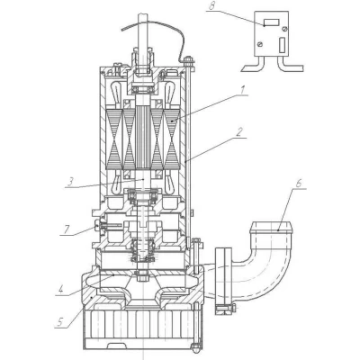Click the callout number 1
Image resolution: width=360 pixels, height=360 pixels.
tap(244, 90)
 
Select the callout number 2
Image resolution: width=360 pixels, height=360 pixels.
tap(238, 132)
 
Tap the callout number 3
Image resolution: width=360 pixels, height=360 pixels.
tap(70, 182)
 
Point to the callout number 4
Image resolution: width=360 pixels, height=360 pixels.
tap(61, 290)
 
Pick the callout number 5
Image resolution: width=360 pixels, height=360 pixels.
tap(60, 322)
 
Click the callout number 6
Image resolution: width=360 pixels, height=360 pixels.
tap(299, 184)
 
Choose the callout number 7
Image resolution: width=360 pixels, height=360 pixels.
tap(66, 229)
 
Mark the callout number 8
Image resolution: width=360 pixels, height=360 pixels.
tap(211, 6)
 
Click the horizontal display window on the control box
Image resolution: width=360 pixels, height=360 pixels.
tap(272, 22)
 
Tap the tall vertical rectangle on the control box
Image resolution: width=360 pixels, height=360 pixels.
tap(282, 45)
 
